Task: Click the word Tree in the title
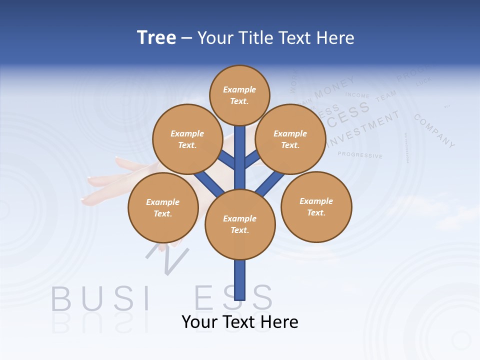(156, 37)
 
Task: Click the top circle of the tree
(239, 95)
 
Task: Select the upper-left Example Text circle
(187, 139)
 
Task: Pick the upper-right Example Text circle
(290, 139)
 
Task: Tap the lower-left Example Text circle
(163, 207)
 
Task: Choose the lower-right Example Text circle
(316, 206)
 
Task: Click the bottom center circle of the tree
(240, 224)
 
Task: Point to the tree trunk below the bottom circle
(240, 280)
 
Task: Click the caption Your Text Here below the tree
(240, 321)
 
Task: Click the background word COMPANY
(434, 131)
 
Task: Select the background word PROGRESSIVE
(360, 155)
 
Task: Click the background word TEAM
(385, 96)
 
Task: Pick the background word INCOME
(357, 95)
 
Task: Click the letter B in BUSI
(61, 298)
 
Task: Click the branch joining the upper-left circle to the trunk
(226, 159)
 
